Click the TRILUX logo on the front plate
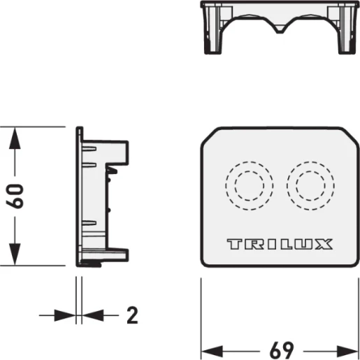[280, 245]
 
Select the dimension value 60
[17, 196]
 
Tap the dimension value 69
[280, 348]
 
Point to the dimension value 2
[132, 315]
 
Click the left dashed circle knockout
[247, 187]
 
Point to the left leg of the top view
[212, 42]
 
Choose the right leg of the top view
[347, 42]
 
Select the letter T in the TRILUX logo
[233, 245]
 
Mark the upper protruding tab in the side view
[122, 151]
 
